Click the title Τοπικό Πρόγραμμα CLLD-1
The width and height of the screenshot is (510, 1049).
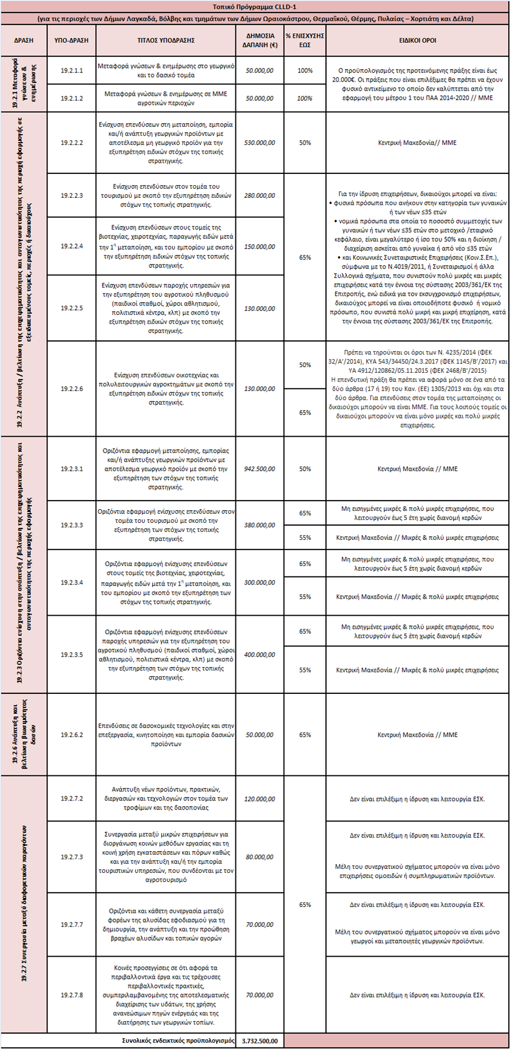255,7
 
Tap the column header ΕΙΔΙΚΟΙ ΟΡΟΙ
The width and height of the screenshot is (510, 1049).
417,40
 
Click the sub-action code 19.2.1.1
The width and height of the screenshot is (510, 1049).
72,71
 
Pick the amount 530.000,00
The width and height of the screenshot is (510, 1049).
259,143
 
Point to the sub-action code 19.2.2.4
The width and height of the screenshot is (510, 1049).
72,246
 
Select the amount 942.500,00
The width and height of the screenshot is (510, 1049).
259,469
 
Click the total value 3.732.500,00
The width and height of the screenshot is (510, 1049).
259,1040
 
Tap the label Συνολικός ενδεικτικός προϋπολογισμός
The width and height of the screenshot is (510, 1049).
178,1040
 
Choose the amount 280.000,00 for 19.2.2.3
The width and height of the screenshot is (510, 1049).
259,196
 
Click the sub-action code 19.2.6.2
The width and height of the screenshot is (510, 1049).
72,735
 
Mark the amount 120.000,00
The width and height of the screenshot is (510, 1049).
259,799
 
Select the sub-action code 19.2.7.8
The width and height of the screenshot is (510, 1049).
72,995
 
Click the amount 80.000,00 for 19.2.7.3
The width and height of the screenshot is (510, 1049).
259,857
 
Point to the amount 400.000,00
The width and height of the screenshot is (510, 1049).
259,654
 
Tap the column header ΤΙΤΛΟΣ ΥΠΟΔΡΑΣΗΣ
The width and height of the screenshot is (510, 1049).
166,40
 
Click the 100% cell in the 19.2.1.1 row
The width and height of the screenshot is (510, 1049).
305,71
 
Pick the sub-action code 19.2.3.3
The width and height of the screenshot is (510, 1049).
72,525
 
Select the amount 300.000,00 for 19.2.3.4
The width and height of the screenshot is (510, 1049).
259,583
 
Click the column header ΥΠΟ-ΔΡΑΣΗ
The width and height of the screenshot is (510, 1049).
72,40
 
